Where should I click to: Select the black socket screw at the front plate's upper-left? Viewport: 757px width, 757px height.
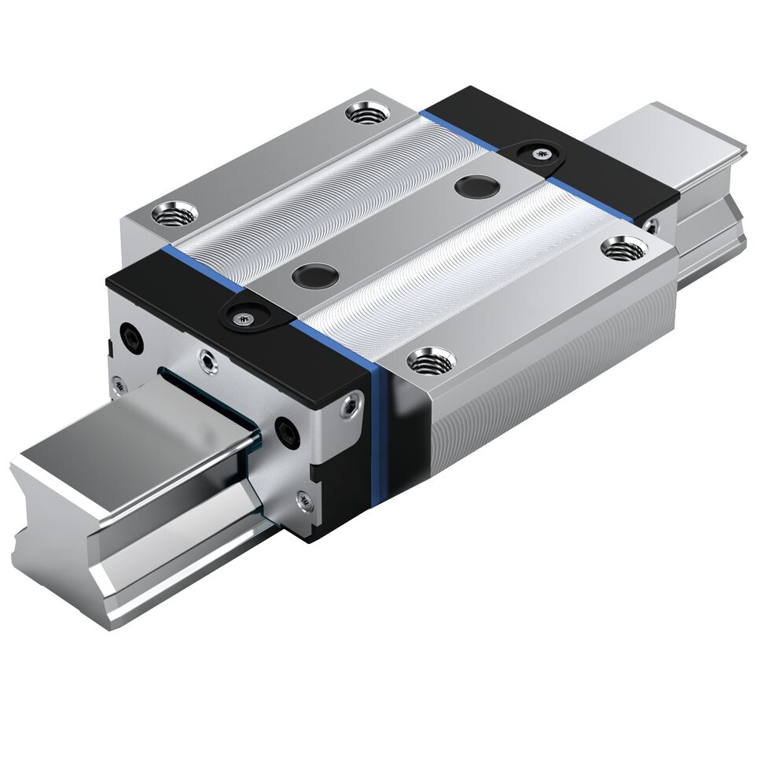[130, 333]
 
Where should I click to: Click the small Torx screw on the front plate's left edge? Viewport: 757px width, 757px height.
[118, 383]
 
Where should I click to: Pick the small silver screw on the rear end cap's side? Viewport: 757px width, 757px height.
[651, 226]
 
